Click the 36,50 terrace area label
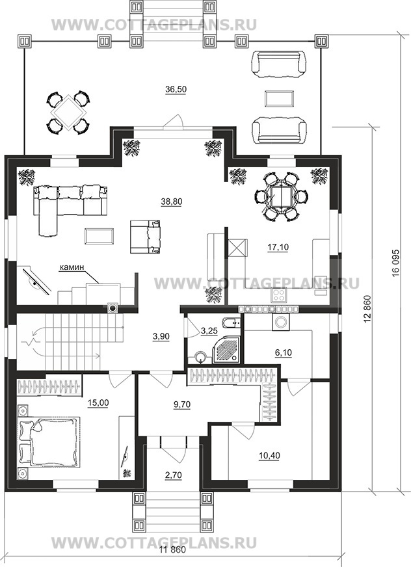point(176,89)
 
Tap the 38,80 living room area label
point(172,202)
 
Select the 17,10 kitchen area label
point(278,247)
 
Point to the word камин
point(72,267)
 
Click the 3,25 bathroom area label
point(208,330)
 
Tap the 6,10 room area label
point(284,352)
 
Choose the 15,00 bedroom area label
point(98,402)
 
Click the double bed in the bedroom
point(49,441)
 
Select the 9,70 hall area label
point(182,404)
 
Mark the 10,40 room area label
point(269,456)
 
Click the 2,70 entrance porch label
point(173,475)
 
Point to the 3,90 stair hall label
point(161,336)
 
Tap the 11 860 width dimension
point(172,560)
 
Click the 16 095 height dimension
point(395,261)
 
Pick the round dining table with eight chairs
point(282,197)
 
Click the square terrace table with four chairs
point(68,112)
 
